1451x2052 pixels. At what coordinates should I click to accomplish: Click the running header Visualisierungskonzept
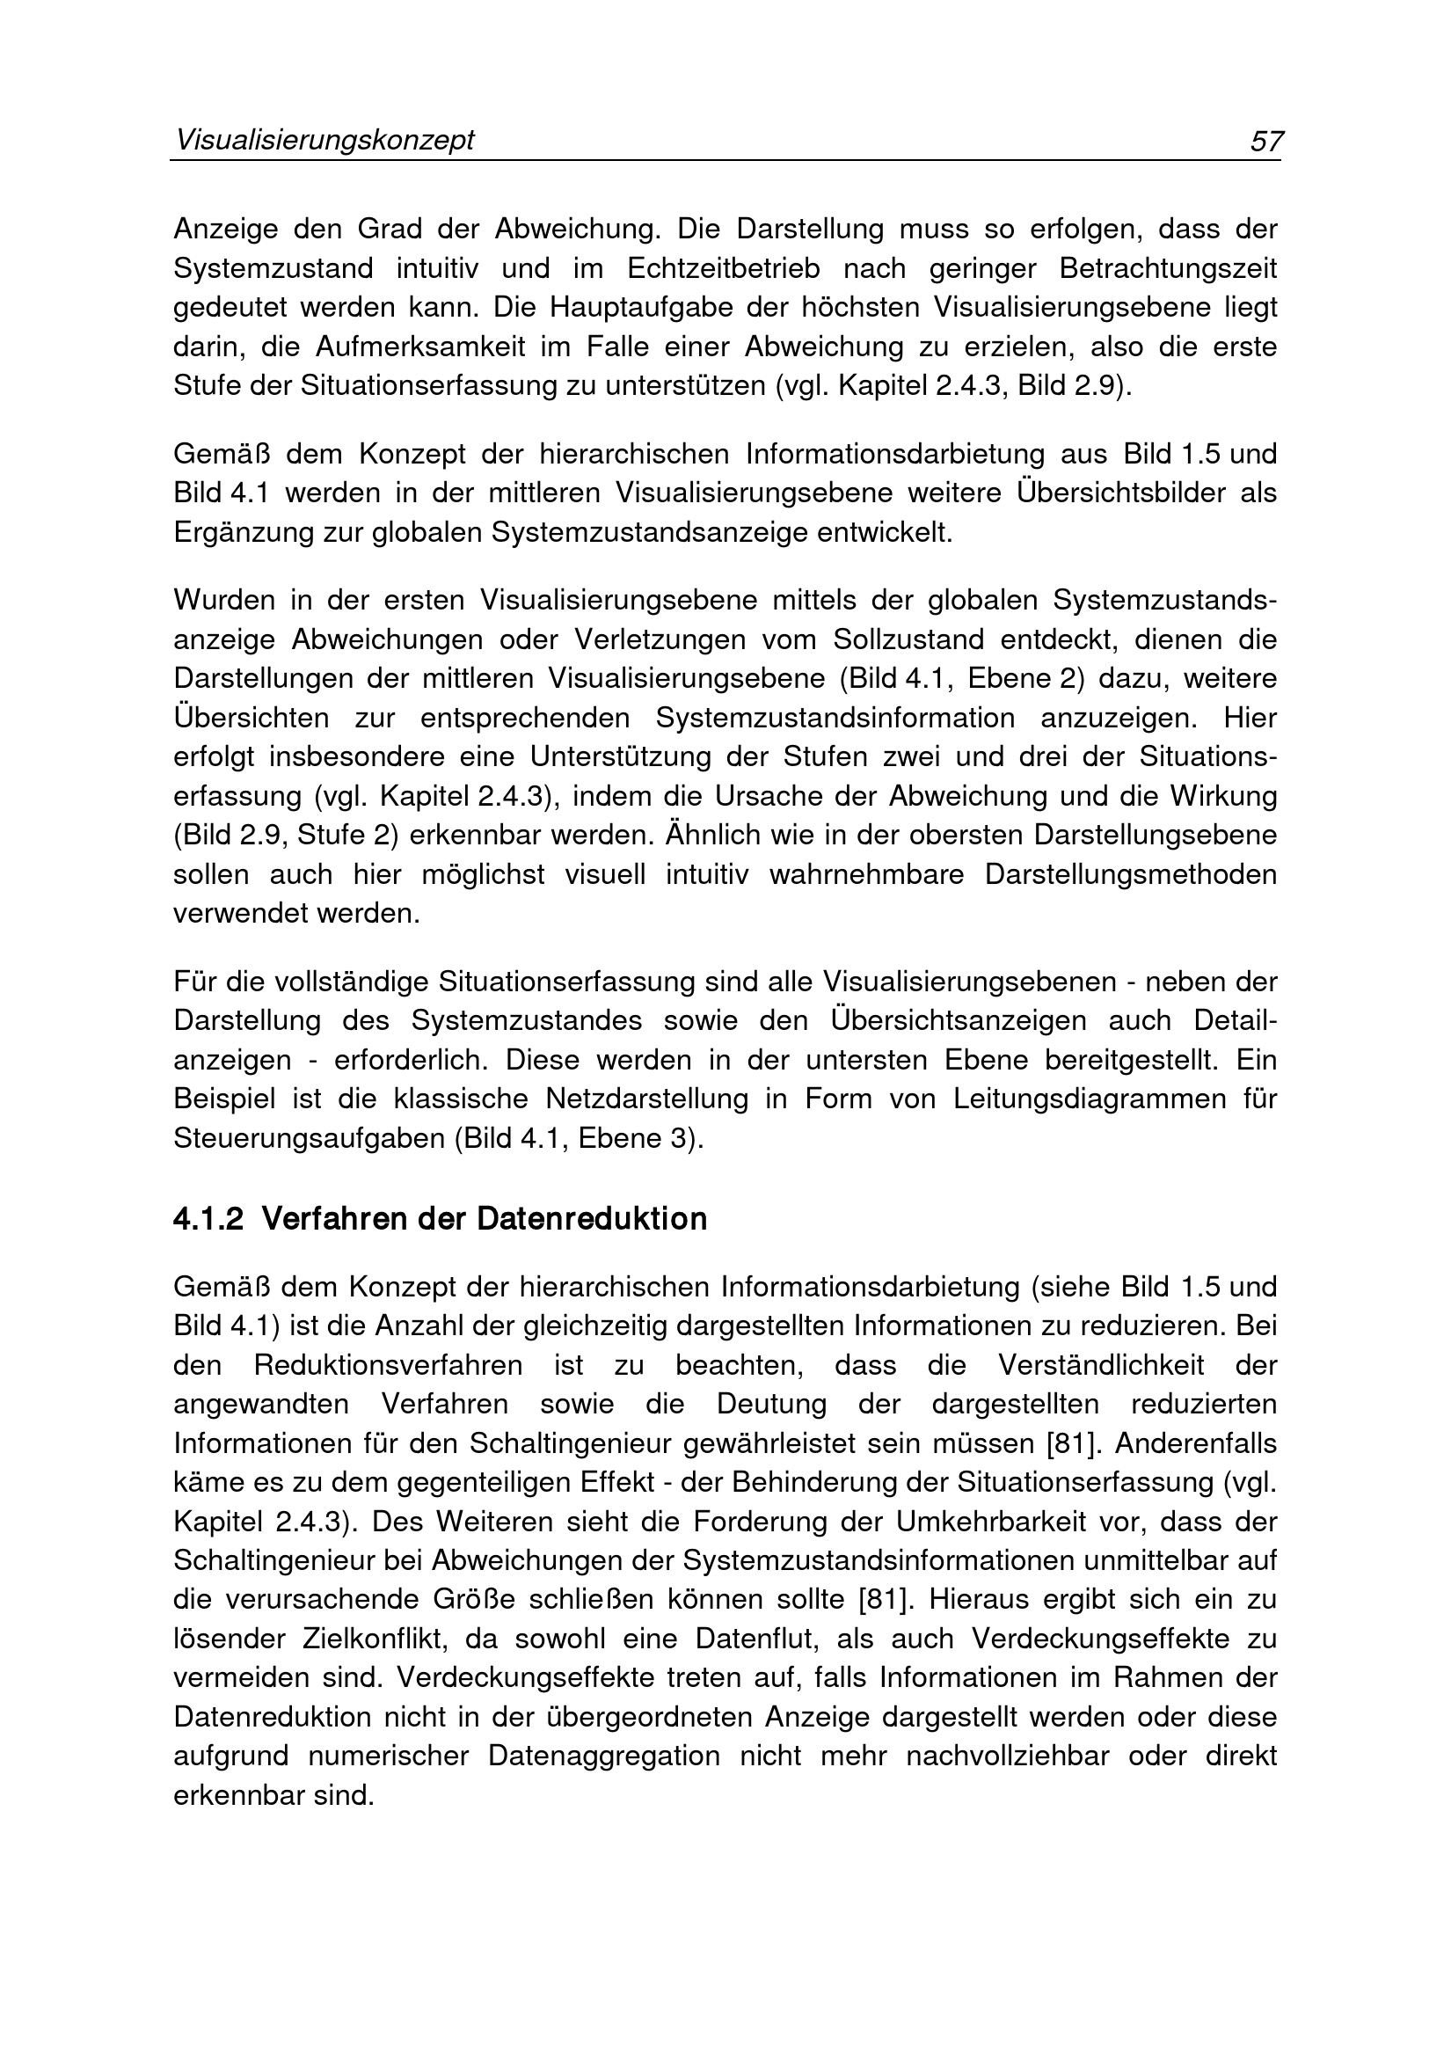(324, 141)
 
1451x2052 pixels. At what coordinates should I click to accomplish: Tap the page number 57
(1266, 142)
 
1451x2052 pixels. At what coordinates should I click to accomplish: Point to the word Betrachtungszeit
(1169, 268)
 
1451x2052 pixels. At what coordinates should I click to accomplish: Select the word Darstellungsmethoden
(1131, 874)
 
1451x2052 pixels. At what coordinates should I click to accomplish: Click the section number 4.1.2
(208, 1219)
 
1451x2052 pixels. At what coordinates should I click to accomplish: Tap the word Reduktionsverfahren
(389, 1366)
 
